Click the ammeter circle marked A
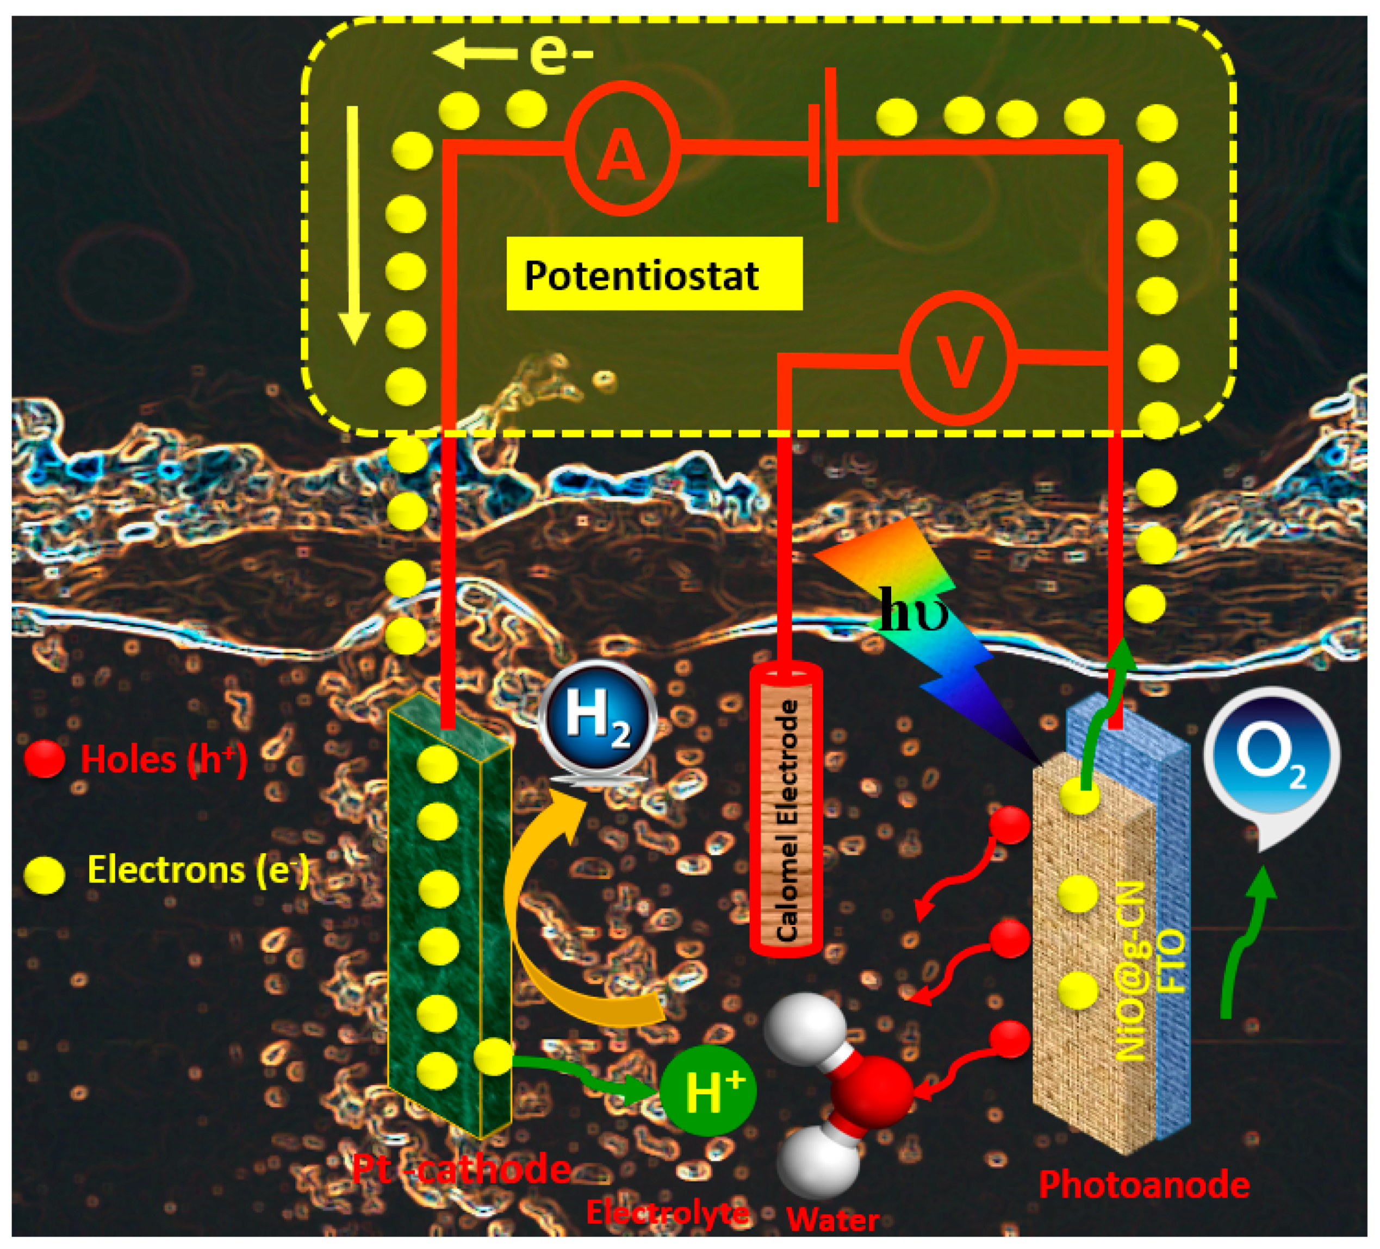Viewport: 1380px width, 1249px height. point(621,148)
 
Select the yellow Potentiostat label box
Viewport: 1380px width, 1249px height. point(654,274)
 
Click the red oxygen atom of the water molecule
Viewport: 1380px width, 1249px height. point(871,1091)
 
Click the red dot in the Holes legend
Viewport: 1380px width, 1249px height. point(45,759)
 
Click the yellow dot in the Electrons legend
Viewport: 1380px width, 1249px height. point(45,874)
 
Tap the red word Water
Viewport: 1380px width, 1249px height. point(832,1220)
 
